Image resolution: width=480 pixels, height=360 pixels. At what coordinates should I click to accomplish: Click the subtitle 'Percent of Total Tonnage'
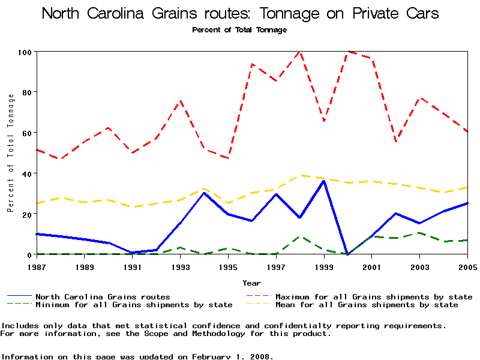click(x=239, y=29)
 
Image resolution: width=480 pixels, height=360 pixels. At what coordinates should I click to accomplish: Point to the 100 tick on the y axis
click(x=25, y=52)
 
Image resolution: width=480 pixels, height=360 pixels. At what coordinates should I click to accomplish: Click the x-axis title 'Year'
click(x=252, y=283)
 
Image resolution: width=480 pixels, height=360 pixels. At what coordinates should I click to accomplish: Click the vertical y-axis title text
click(x=10, y=153)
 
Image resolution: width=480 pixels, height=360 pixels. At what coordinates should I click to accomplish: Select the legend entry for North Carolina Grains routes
click(x=103, y=296)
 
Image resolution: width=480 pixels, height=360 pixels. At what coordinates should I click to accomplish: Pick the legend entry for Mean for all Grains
click(x=366, y=305)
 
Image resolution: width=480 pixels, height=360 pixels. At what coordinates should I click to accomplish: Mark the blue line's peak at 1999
click(x=324, y=181)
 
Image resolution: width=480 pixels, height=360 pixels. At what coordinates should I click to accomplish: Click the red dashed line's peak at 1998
click(x=299, y=52)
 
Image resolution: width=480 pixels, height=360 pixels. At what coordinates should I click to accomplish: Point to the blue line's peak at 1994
click(x=204, y=193)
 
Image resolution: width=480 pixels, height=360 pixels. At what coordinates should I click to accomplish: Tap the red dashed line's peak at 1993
click(x=180, y=101)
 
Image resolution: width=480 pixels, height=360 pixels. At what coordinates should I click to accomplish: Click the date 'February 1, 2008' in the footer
click(x=232, y=356)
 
